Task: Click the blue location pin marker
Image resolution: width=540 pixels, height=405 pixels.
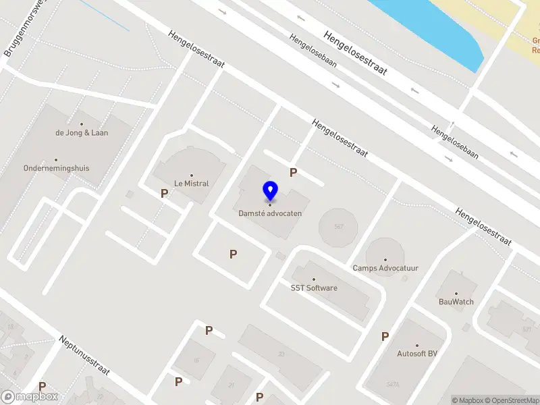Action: [270, 191]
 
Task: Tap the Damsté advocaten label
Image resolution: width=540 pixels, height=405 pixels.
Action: [270, 213]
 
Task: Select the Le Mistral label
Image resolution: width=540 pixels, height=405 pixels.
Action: [191, 183]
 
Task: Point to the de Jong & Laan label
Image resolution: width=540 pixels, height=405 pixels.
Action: [82, 133]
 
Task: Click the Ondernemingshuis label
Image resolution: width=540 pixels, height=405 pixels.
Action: [56, 168]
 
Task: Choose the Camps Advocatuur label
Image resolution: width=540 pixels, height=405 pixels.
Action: [385, 268]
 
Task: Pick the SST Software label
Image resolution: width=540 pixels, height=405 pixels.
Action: [314, 288]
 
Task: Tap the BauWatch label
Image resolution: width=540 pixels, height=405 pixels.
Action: [456, 302]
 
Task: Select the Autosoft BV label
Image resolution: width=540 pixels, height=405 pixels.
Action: [417, 353]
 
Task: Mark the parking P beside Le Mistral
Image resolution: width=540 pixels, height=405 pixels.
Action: [164, 194]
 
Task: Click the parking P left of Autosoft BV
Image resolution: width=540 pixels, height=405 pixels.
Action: [385, 336]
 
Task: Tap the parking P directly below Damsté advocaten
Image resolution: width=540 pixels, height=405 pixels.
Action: [233, 254]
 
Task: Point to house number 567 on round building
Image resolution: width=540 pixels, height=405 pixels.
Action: [338, 227]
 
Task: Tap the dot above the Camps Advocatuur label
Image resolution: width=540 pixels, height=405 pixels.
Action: [385, 259]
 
